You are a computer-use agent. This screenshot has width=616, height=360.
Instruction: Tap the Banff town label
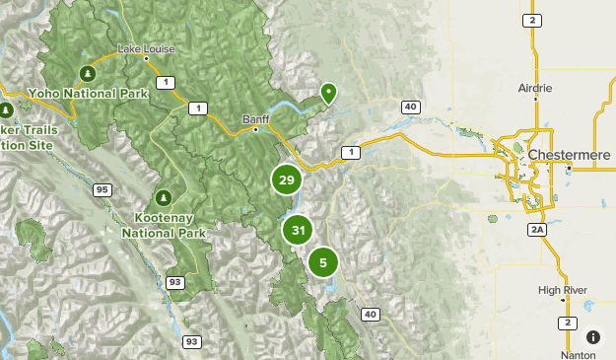click(x=255, y=119)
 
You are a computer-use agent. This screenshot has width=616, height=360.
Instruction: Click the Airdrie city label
click(x=535, y=88)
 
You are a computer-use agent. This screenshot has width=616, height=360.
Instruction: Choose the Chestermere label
click(x=569, y=155)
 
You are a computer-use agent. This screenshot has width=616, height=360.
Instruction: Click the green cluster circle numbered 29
click(x=286, y=180)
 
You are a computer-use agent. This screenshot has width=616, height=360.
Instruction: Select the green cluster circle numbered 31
click(x=298, y=231)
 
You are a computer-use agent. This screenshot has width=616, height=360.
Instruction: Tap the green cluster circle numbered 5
click(x=322, y=262)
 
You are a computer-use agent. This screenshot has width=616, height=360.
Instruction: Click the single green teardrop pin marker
click(x=328, y=93)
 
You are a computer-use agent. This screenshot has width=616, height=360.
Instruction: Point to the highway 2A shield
click(x=537, y=230)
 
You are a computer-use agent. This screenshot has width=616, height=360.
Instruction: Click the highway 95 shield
click(x=103, y=189)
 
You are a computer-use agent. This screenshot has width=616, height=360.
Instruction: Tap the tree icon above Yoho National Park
click(x=88, y=72)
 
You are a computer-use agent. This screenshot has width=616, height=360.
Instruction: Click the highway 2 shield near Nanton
click(x=567, y=323)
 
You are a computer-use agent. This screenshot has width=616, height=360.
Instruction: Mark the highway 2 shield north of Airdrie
click(x=533, y=21)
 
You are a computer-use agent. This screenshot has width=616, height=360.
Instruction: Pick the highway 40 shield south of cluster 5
click(x=370, y=315)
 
